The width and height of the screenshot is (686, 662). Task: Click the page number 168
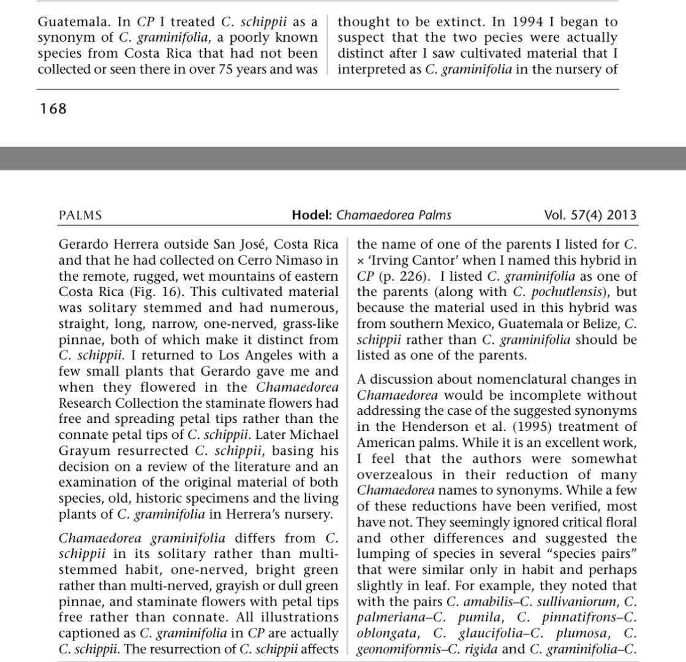click(53, 109)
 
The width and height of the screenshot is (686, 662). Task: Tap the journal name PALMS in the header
click(80, 215)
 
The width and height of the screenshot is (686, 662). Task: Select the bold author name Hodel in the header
click(311, 215)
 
